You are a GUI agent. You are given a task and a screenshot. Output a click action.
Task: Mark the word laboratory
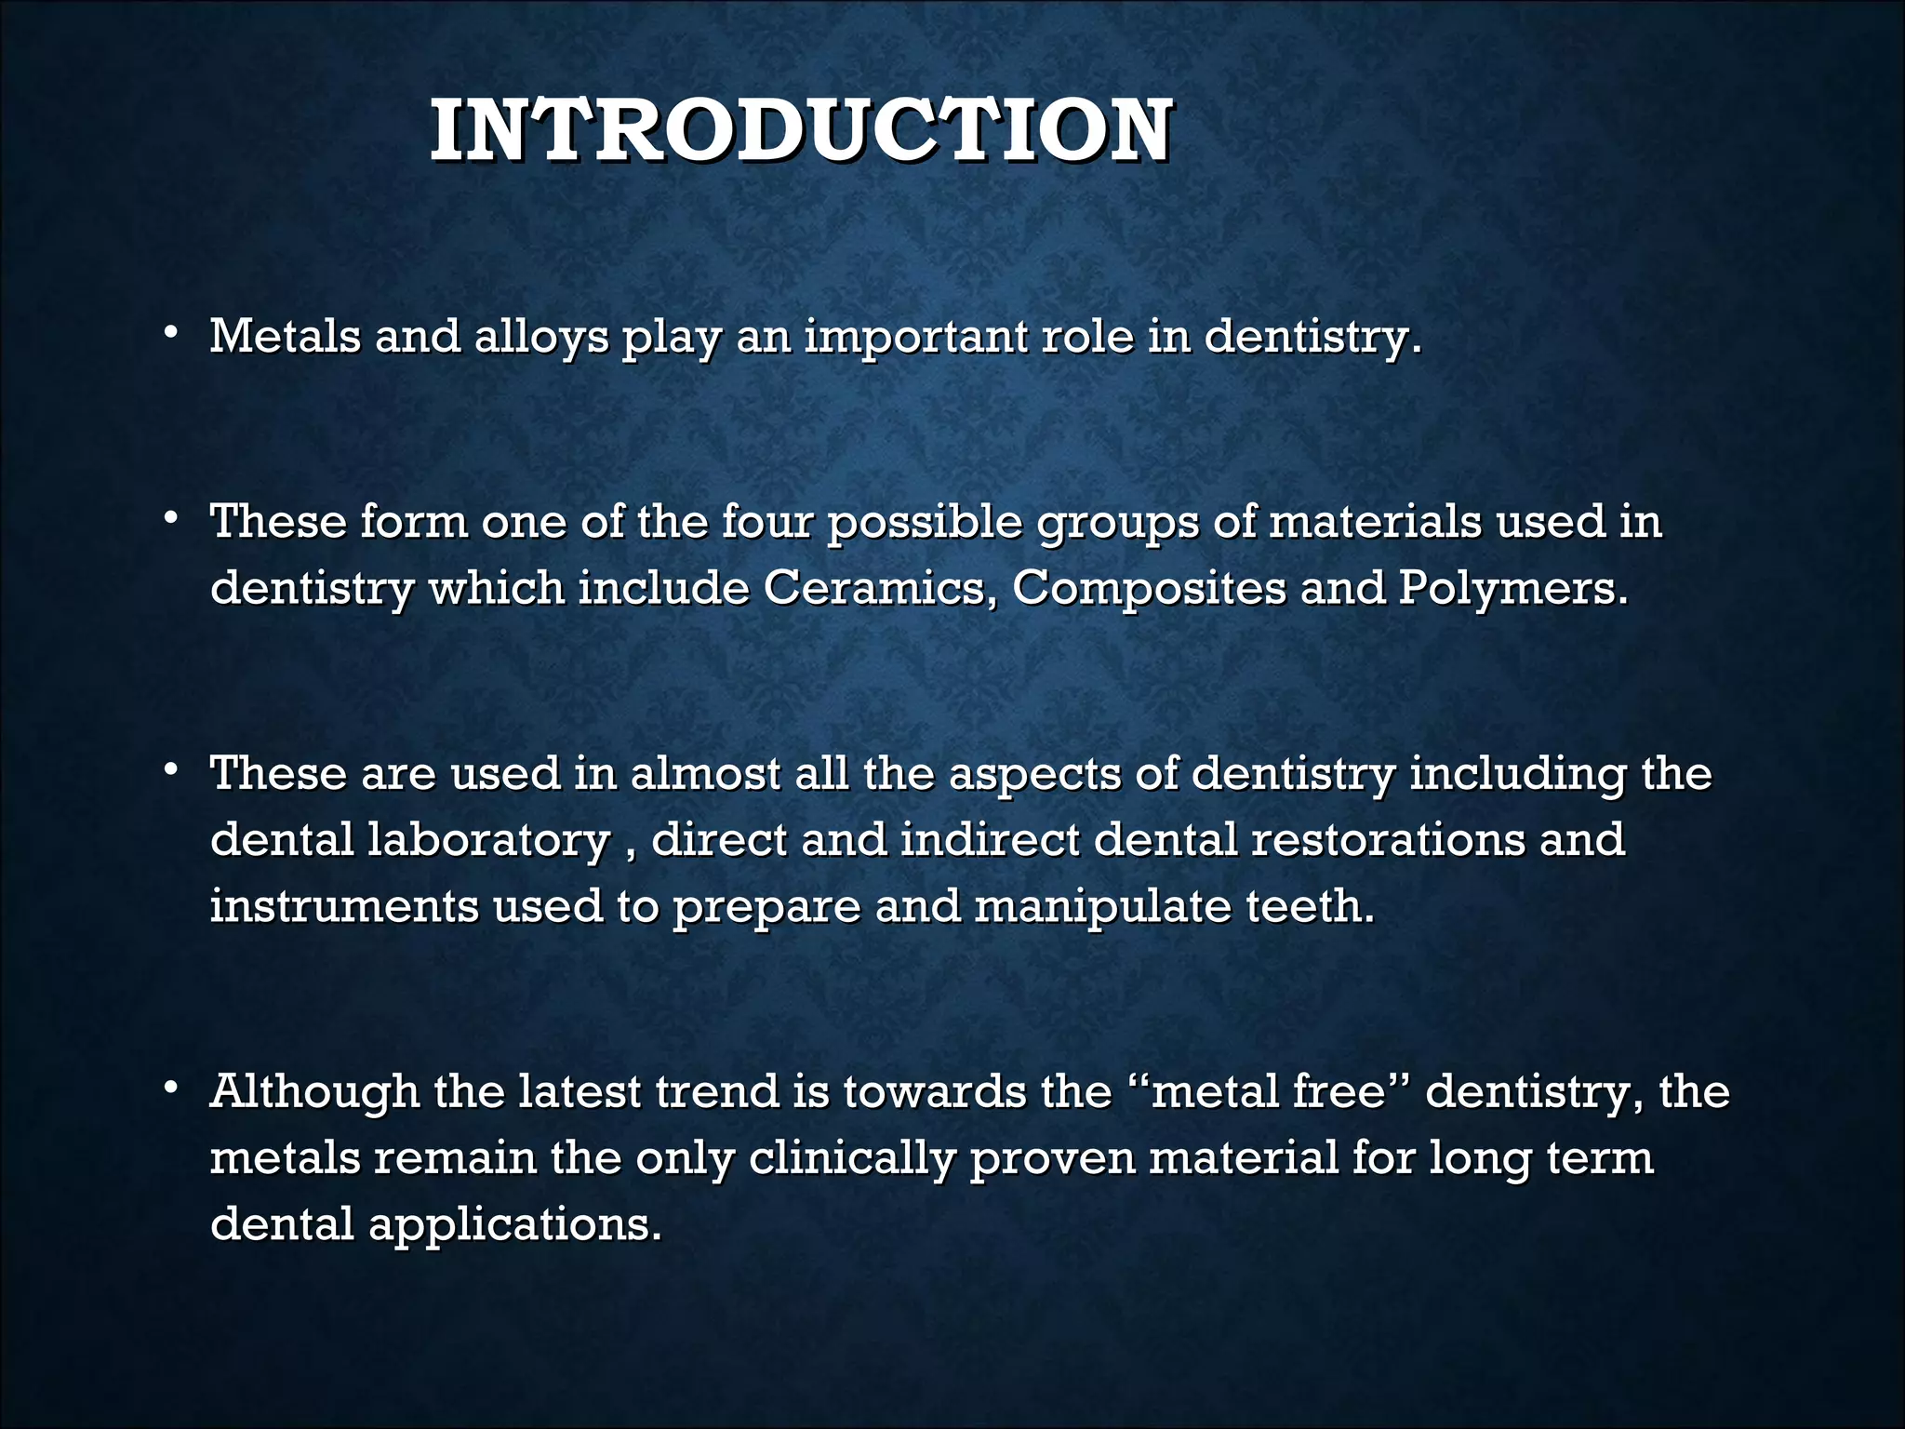(x=488, y=840)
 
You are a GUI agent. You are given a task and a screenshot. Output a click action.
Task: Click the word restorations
(x=1389, y=840)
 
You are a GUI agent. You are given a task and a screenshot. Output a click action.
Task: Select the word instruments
(x=344, y=906)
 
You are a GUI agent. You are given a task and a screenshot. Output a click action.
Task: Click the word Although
(x=314, y=1092)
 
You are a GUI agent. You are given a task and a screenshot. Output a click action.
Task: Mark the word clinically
(x=852, y=1159)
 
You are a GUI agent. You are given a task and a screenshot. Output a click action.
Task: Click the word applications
(x=515, y=1224)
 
